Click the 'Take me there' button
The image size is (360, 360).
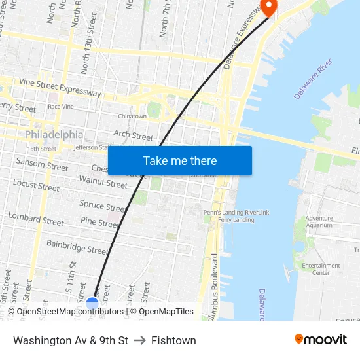pyautogui.click(x=179, y=161)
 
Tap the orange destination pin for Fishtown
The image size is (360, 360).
pyautogui.click(x=268, y=6)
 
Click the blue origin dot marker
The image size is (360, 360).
pyautogui.click(x=92, y=303)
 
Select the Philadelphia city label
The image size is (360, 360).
pyautogui.click(x=54, y=135)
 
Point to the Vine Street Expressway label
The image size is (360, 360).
pyautogui.click(x=60, y=87)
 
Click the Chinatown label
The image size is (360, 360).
pyautogui.click(x=132, y=117)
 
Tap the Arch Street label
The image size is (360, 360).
pyautogui.click(x=134, y=135)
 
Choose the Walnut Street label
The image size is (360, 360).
pyautogui.click(x=103, y=181)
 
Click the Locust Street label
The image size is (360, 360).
pyautogui.click(x=36, y=185)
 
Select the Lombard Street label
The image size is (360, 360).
pyautogui.click(x=36, y=219)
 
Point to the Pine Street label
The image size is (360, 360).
pyautogui.click(x=99, y=223)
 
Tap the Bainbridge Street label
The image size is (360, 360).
pyautogui.click(x=77, y=247)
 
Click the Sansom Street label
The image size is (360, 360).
pyautogui.click(x=42, y=164)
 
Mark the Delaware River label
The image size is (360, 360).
pyautogui.click(x=314, y=79)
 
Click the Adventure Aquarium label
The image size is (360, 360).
pyautogui.click(x=319, y=222)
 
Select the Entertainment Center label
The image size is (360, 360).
pyautogui.click(x=321, y=269)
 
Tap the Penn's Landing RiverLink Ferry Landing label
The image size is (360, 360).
pyautogui.click(x=236, y=216)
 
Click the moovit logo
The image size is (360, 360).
pyautogui.click(x=321, y=340)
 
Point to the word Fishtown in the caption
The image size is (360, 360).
pyautogui.click(x=173, y=340)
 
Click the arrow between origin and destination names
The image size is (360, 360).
pyautogui.click(x=139, y=340)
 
